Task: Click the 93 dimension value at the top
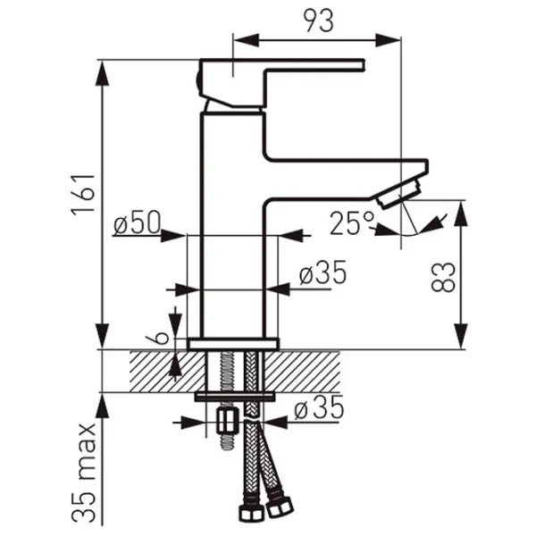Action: pyautogui.click(x=319, y=21)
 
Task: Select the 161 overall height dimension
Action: pyautogui.click(x=83, y=195)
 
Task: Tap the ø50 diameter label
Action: pyautogui.click(x=137, y=222)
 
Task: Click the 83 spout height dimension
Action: pyautogui.click(x=444, y=277)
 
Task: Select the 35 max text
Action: pyautogui.click(x=84, y=473)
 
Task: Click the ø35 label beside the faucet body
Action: pyautogui.click(x=323, y=272)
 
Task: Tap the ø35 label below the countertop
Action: pyautogui.click(x=319, y=407)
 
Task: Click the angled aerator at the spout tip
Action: pyautogui.click(x=399, y=195)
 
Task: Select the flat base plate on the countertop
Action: pyautogui.click(x=233, y=344)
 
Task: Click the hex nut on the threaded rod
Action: pyautogui.click(x=228, y=421)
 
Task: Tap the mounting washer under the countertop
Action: pyautogui.click(x=235, y=397)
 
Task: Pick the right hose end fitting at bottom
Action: pyautogui.click(x=280, y=507)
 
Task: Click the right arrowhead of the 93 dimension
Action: pyautogui.click(x=388, y=40)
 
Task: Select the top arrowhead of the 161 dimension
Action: pyautogui.click(x=103, y=73)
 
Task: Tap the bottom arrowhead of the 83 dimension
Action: pyautogui.click(x=461, y=336)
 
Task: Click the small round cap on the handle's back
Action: pyautogui.click(x=197, y=82)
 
